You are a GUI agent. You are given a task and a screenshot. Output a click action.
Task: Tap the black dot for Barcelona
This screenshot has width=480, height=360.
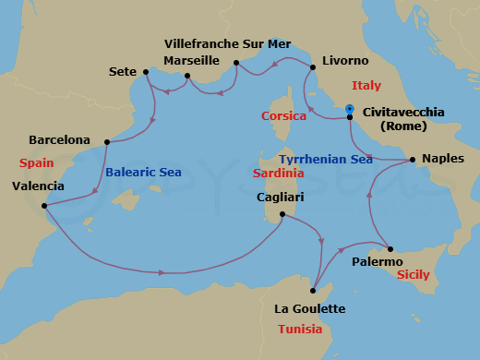[108, 142]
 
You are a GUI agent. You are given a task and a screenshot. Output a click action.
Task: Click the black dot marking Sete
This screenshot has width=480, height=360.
[147, 71]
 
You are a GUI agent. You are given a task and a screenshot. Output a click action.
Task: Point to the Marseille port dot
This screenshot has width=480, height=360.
[187, 77]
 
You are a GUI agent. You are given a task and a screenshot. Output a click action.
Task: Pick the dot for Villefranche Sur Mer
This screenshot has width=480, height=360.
[236, 63]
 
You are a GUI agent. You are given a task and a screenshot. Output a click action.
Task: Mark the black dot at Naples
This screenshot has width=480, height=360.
[412, 159]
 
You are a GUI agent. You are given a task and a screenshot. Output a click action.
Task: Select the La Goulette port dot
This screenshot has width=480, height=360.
[313, 291]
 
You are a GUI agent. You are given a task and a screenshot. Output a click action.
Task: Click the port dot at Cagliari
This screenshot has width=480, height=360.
[281, 216]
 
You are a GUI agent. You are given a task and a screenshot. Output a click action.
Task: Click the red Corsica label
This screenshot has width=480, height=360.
[283, 116]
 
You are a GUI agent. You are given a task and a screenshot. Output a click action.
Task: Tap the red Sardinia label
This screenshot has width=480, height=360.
[281, 173]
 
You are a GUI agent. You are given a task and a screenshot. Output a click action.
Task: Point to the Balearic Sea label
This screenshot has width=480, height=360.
[143, 172]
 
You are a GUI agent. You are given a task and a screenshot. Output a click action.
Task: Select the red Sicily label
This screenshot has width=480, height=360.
[412, 275]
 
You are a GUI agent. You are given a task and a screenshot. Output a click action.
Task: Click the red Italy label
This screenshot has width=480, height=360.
[366, 86]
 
